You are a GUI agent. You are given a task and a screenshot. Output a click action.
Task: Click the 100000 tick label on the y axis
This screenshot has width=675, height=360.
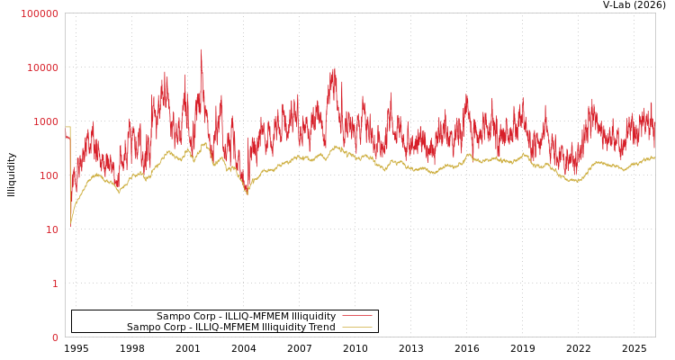tap(40, 13)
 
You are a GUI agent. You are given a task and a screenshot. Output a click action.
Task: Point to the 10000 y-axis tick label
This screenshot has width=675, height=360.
tap(42, 67)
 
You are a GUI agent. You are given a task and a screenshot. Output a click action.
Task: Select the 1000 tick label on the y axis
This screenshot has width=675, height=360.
tap(45, 121)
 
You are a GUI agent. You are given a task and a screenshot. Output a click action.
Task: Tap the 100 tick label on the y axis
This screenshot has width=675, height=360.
tap(48, 175)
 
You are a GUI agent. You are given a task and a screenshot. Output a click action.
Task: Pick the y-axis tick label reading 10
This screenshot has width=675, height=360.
tap(52, 229)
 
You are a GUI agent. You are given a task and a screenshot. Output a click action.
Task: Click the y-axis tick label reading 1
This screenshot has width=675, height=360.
tap(55, 283)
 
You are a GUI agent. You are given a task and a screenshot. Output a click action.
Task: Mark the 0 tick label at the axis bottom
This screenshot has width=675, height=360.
tap(55, 337)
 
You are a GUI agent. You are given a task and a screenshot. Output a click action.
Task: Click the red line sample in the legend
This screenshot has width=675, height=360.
tap(356, 316)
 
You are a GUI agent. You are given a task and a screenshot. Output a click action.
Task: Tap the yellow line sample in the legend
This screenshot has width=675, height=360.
tap(356, 327)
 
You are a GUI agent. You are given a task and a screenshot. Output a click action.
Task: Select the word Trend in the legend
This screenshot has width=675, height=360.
tap(321, 327)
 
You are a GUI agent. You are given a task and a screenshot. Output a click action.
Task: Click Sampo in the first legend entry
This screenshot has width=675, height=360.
tap(172, 316)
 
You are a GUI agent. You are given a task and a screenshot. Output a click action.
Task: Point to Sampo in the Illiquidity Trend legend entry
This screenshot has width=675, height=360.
tap(142, 327)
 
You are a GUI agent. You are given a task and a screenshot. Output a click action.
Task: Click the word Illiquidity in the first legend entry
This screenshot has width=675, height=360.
tap(312, 316)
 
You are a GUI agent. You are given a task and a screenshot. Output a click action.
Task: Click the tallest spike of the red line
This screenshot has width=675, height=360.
tap(201, 51)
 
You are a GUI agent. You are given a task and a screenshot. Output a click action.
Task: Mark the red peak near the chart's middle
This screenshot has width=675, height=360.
tap(334, 69)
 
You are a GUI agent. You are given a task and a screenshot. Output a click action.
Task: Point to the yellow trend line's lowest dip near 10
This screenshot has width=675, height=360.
tap(71, 224)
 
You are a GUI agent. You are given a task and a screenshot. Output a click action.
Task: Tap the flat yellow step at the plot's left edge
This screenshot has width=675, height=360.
tap(67, 127)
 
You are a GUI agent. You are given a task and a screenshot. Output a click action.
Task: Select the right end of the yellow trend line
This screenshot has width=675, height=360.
tap(654, 158)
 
